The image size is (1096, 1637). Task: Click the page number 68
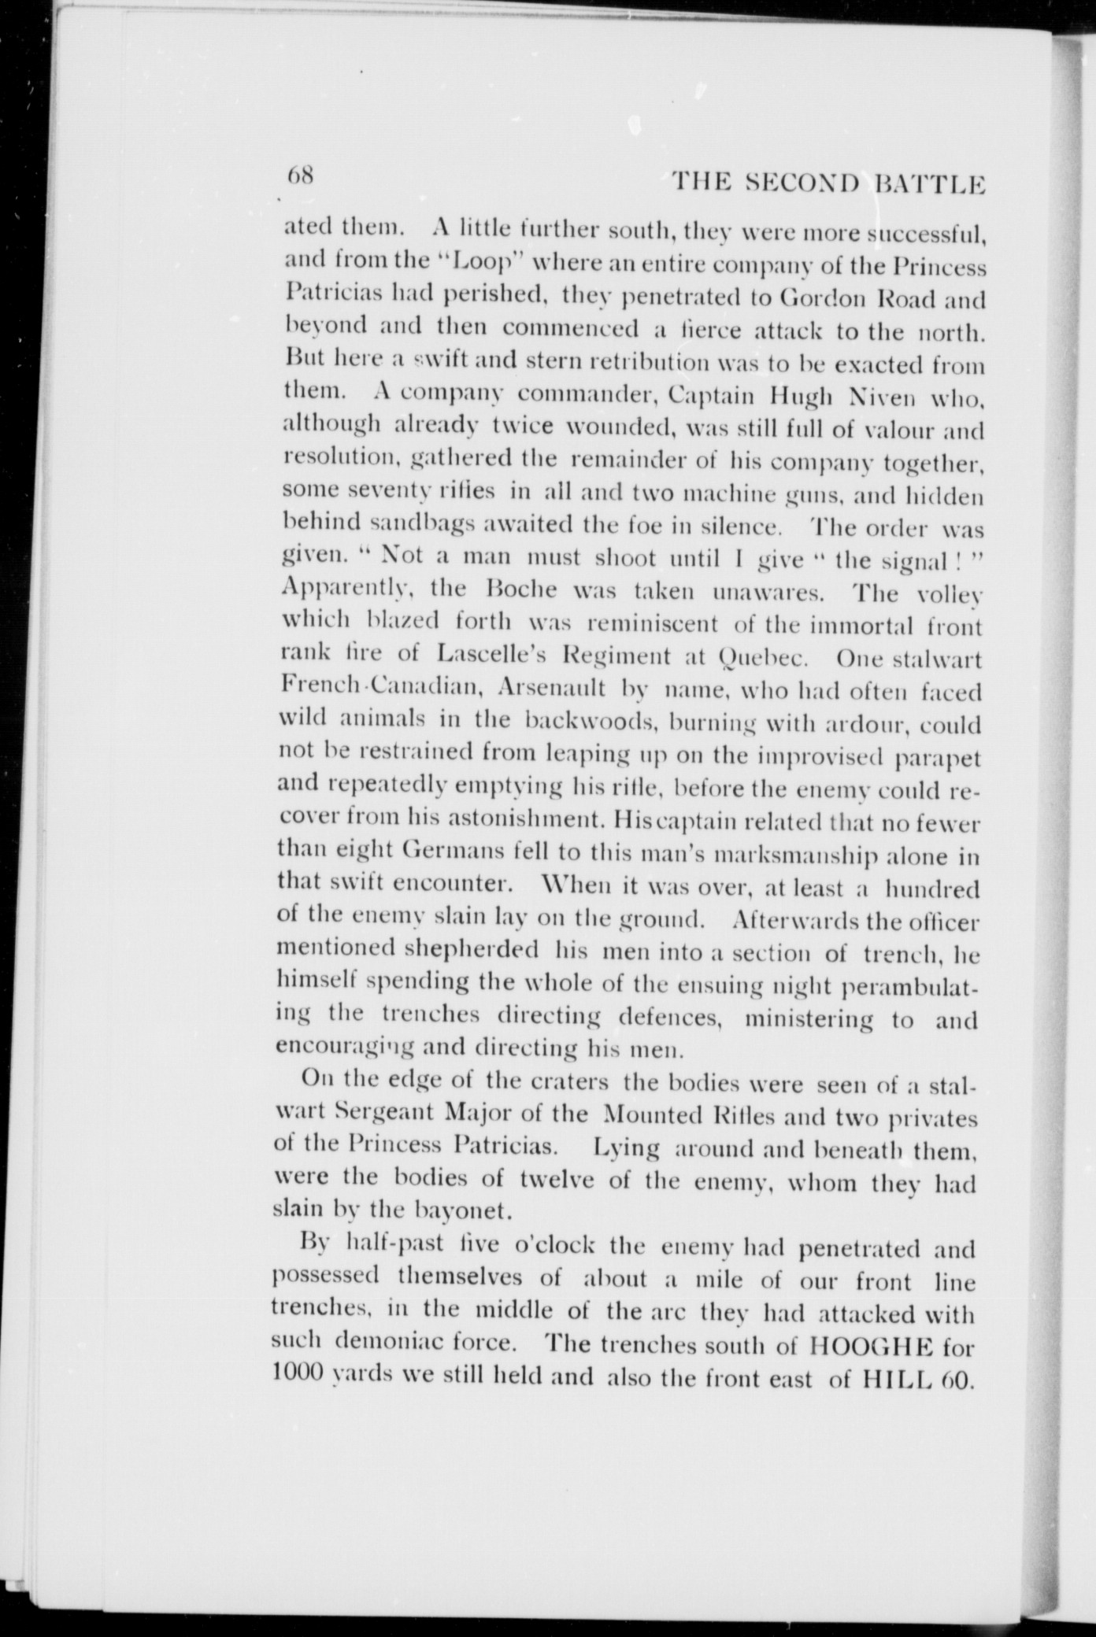(x=302, y=174)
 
